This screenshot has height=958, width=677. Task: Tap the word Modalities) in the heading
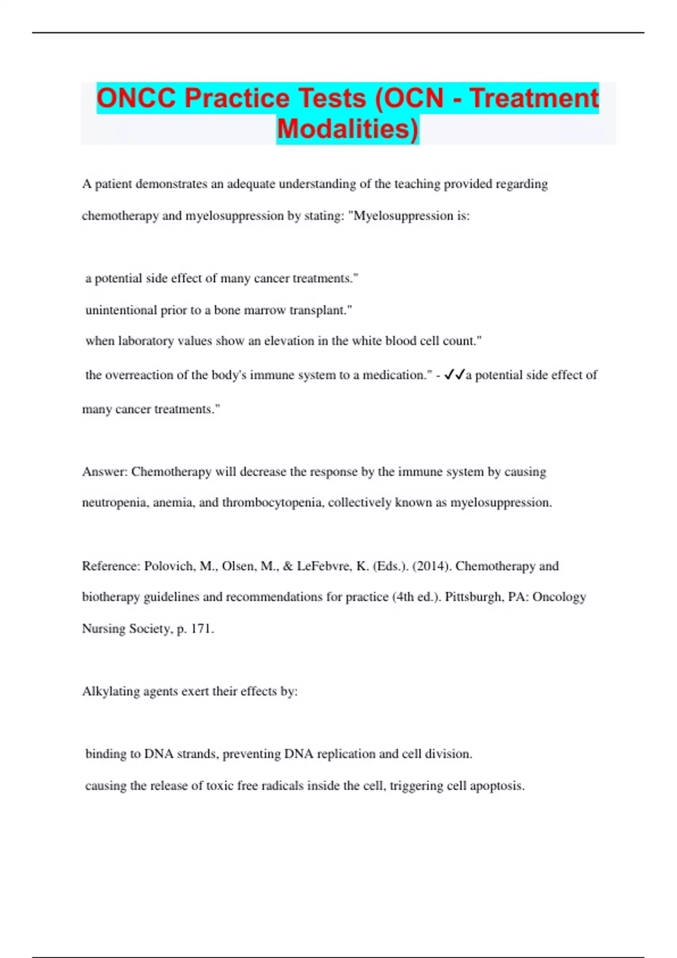(x=348, y=128)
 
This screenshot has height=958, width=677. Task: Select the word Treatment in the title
(x=534, y=98)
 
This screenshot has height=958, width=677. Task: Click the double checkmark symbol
(x=454, y=375)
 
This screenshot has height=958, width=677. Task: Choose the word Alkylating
(x=111, y=691)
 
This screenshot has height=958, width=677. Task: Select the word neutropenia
(x=115, y=502)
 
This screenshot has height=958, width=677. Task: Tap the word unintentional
(x=121, y=310)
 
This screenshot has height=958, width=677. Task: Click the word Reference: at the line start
(x=111, y=566)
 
